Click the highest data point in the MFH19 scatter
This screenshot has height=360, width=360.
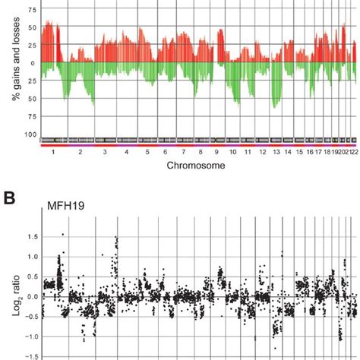coord(62,234)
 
